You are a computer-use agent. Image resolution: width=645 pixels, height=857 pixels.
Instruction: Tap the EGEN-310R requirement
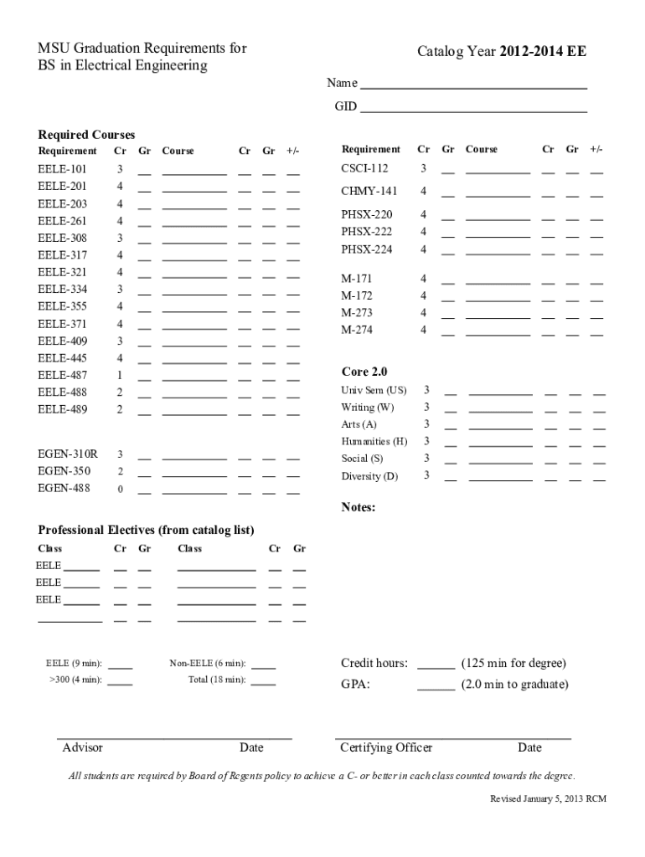point(67,454)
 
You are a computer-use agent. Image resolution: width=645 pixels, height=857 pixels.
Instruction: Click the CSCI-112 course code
point(364,168)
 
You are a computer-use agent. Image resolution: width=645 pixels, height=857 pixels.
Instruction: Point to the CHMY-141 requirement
point(369,192)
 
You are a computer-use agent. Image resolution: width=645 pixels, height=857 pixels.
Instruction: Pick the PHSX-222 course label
point(366,232)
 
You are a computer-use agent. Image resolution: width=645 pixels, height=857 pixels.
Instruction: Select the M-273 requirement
point(357,313)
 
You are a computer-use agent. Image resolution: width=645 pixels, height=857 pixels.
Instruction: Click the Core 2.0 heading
point(364,372)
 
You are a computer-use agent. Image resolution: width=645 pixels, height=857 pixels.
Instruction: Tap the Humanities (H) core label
point(374,441)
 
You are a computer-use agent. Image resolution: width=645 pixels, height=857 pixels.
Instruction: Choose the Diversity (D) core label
point(369,476)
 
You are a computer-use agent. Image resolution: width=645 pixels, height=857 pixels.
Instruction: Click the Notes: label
point(359,507)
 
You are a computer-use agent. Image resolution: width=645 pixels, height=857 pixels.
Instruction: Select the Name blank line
point(473,87)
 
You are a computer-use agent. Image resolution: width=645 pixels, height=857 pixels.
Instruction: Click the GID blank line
point(473,110)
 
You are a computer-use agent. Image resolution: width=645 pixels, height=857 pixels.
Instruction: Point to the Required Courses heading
point(86,135)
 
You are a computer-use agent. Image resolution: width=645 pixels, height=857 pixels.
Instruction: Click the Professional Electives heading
point(147,530)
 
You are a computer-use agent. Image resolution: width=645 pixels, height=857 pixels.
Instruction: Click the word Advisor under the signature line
point(83,747)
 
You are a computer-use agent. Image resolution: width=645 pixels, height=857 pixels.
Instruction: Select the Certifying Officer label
point(386,747)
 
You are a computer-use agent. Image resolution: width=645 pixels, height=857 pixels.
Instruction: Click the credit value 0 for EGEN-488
point(120,490)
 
